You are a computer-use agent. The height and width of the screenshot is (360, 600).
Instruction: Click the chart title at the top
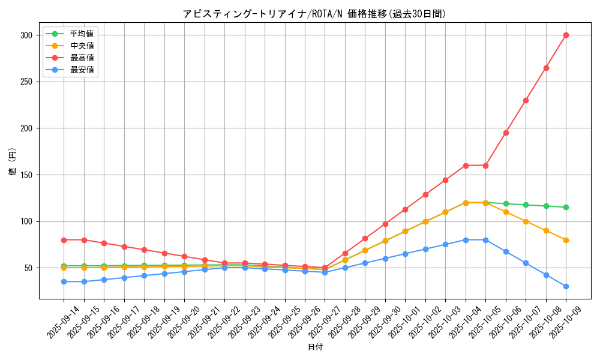(314, 14)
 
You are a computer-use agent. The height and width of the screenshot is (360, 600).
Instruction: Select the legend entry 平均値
(82, 34)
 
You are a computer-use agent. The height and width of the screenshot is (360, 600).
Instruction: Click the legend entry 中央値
(82, 46)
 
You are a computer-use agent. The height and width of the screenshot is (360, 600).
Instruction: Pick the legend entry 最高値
(82, 58)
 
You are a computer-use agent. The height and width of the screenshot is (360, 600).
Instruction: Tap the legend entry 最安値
(82, 70)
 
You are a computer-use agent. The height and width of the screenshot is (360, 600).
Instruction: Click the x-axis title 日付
(315, 347)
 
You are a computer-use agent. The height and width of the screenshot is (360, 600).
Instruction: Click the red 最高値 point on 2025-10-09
(566, 35)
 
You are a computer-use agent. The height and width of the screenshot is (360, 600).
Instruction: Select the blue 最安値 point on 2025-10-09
(566, 286)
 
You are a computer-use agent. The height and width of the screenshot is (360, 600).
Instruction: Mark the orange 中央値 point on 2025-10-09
(566, 240)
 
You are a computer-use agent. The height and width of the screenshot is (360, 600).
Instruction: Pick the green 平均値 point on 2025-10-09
(566, 207)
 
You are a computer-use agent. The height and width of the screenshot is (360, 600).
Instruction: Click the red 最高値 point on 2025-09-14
(64, 240)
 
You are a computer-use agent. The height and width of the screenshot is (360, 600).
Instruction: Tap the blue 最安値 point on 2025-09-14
(64, 281)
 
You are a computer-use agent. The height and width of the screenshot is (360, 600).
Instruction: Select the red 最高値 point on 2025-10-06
(506, 133)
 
